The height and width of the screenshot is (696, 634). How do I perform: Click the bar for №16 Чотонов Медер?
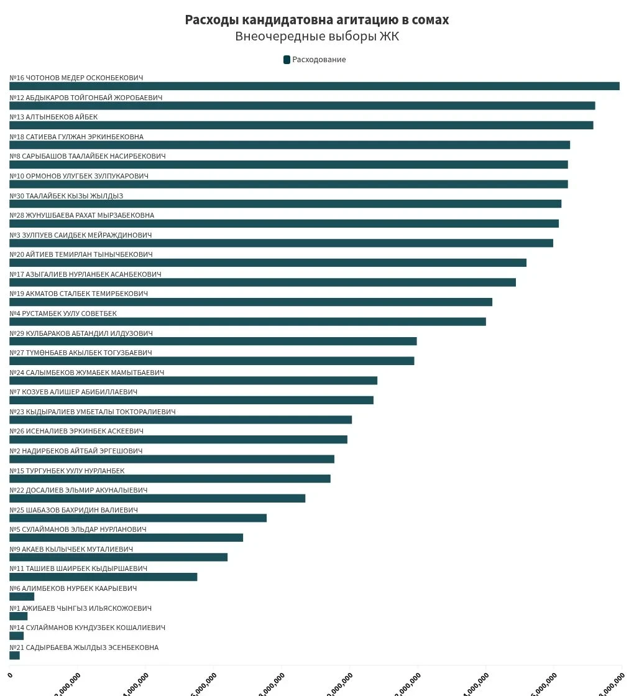[x=314, y=86]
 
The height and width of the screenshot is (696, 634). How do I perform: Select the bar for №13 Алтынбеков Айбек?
[x=301, y=125]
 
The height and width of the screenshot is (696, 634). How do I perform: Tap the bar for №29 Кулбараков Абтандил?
[x=213, y=341]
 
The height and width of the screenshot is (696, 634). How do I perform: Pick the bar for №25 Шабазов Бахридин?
[x=137, y=518]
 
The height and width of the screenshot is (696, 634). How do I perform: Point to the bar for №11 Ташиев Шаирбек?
[x=103, y=577]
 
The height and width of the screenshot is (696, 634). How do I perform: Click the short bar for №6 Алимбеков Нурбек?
[x=22, y=596]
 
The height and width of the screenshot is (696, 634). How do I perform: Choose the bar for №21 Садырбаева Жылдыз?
[x=14, y=656]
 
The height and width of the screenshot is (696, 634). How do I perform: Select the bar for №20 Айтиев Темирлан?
[x=267, y=262]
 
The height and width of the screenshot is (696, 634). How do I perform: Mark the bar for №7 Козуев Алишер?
[x=191, y=400]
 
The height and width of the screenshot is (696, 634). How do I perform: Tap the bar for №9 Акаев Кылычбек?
[x=118, y=557]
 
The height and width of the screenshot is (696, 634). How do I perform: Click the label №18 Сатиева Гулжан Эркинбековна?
[x=76, y=137]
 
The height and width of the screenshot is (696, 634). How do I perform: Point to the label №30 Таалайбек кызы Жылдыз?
[x=67, y=196]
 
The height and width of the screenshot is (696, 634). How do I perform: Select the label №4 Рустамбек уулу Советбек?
[x=63, y=313]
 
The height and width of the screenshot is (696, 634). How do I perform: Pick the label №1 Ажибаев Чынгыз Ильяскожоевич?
[x=80, y=608]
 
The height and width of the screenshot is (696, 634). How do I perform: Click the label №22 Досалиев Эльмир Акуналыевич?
[x=78, y=490]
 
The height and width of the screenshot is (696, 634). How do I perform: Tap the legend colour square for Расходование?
[x=287, y=60]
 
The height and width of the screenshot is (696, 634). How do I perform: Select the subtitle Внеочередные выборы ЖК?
[x=316, y=37]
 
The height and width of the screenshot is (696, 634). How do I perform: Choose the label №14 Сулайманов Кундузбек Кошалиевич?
[x=87, y=628]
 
